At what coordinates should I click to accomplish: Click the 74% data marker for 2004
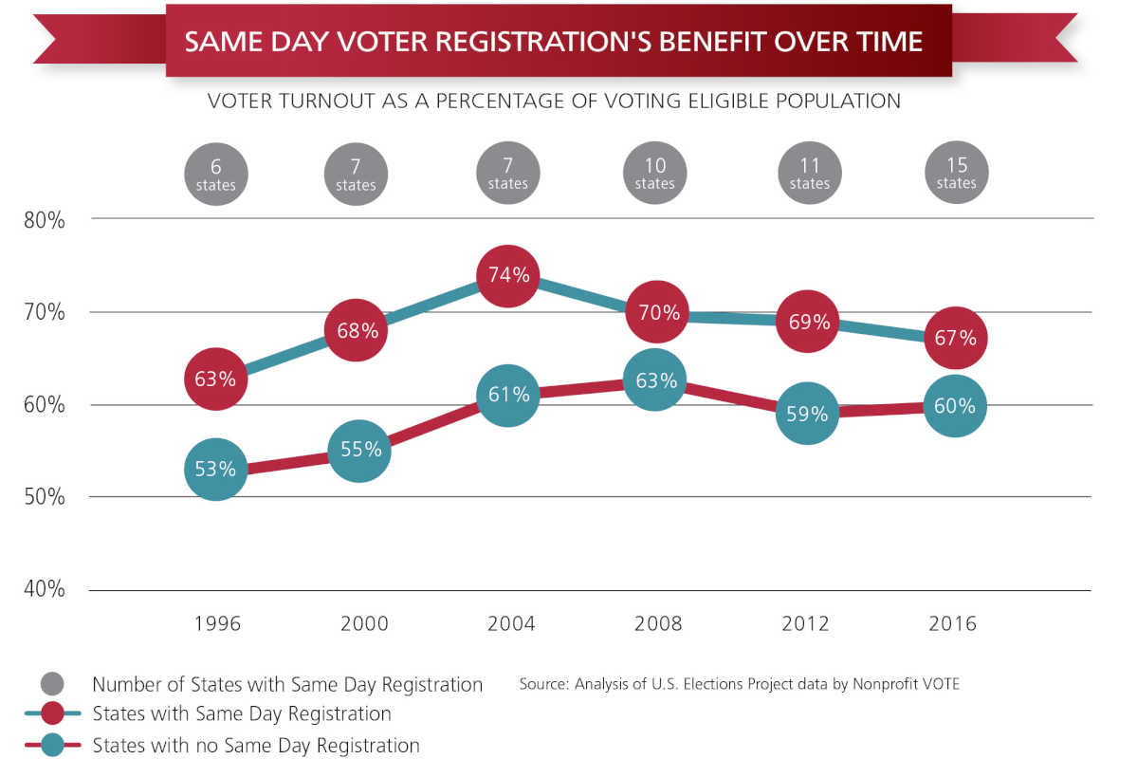click(509, 276)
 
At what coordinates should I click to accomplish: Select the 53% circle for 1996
click(216, 469)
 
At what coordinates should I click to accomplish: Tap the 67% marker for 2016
click(955, 338)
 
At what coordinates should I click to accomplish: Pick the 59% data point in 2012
click(807, 414)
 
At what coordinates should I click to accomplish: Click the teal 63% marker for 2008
click(656, 380)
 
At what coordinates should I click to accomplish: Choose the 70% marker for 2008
click(656, 312)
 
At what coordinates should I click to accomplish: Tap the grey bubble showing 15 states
click(956, 174)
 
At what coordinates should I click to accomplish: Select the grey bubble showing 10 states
click(655, 174)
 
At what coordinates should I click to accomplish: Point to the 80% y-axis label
click(44, 220)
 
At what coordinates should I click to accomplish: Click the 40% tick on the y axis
click(44, 590)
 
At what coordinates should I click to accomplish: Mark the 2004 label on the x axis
click(511, 623)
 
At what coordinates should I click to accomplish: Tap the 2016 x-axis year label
click(952, 623)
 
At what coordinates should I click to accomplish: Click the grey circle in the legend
click(53, 684)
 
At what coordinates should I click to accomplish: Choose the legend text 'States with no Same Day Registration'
click(256, 746)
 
